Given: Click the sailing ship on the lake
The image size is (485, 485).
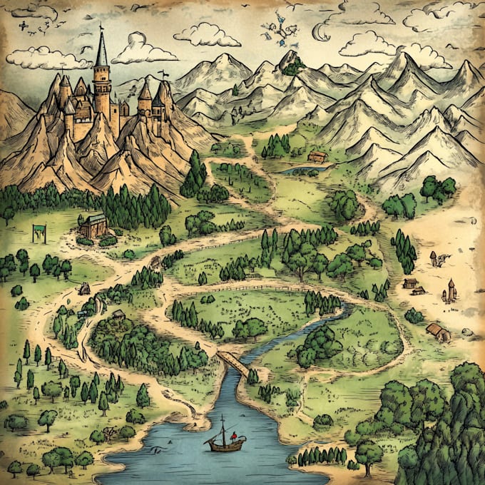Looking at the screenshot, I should (x=225, y=442).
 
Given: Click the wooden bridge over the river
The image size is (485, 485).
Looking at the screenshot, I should (x=233, y=363).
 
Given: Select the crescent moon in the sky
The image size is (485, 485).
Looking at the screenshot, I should (x=321, y=31).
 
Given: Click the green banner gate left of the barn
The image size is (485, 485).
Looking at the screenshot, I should (x=39, y=231).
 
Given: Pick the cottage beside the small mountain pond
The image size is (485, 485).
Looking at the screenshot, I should (x=317, y=157).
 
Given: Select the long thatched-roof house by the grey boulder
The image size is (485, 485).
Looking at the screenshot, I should (x=437, y=331).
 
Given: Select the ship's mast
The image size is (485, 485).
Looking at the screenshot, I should (x=222, y=431).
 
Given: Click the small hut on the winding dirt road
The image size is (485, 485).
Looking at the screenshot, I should (x=84, y=288).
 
